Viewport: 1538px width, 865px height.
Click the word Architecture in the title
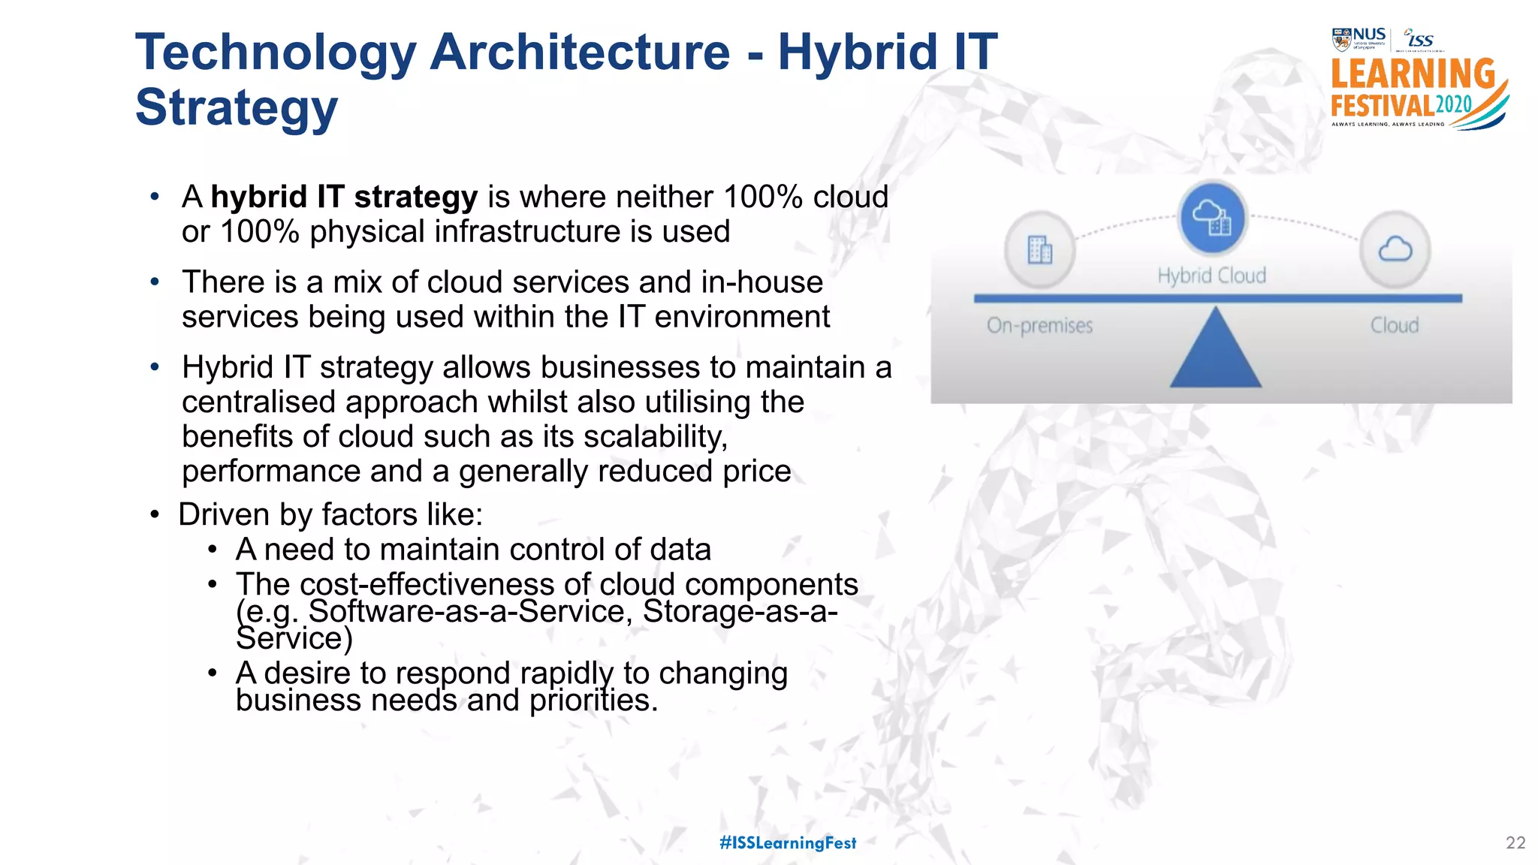tap(580, 53)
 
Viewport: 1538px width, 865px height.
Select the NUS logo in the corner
tap(1359, 39)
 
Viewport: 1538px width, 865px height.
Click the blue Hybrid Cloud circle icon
tap(1212, 218)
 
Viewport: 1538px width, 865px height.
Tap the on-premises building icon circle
tap(1040, 249)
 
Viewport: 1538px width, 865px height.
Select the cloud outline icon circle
tap(1395, 249)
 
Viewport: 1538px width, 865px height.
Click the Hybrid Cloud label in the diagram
tap(1211, 276)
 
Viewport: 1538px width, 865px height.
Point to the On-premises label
tap(1039, 326)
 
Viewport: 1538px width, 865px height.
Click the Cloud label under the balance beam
tap(1395, 326)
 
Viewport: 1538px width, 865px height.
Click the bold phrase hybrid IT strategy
tap(344, 197)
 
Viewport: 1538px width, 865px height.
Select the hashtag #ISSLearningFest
tap(788, 843)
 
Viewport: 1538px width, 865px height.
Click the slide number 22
tap(1515, 843)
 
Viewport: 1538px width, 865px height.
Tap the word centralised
tap(258, 402)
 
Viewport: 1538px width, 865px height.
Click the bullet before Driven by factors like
tap(155, 515)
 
